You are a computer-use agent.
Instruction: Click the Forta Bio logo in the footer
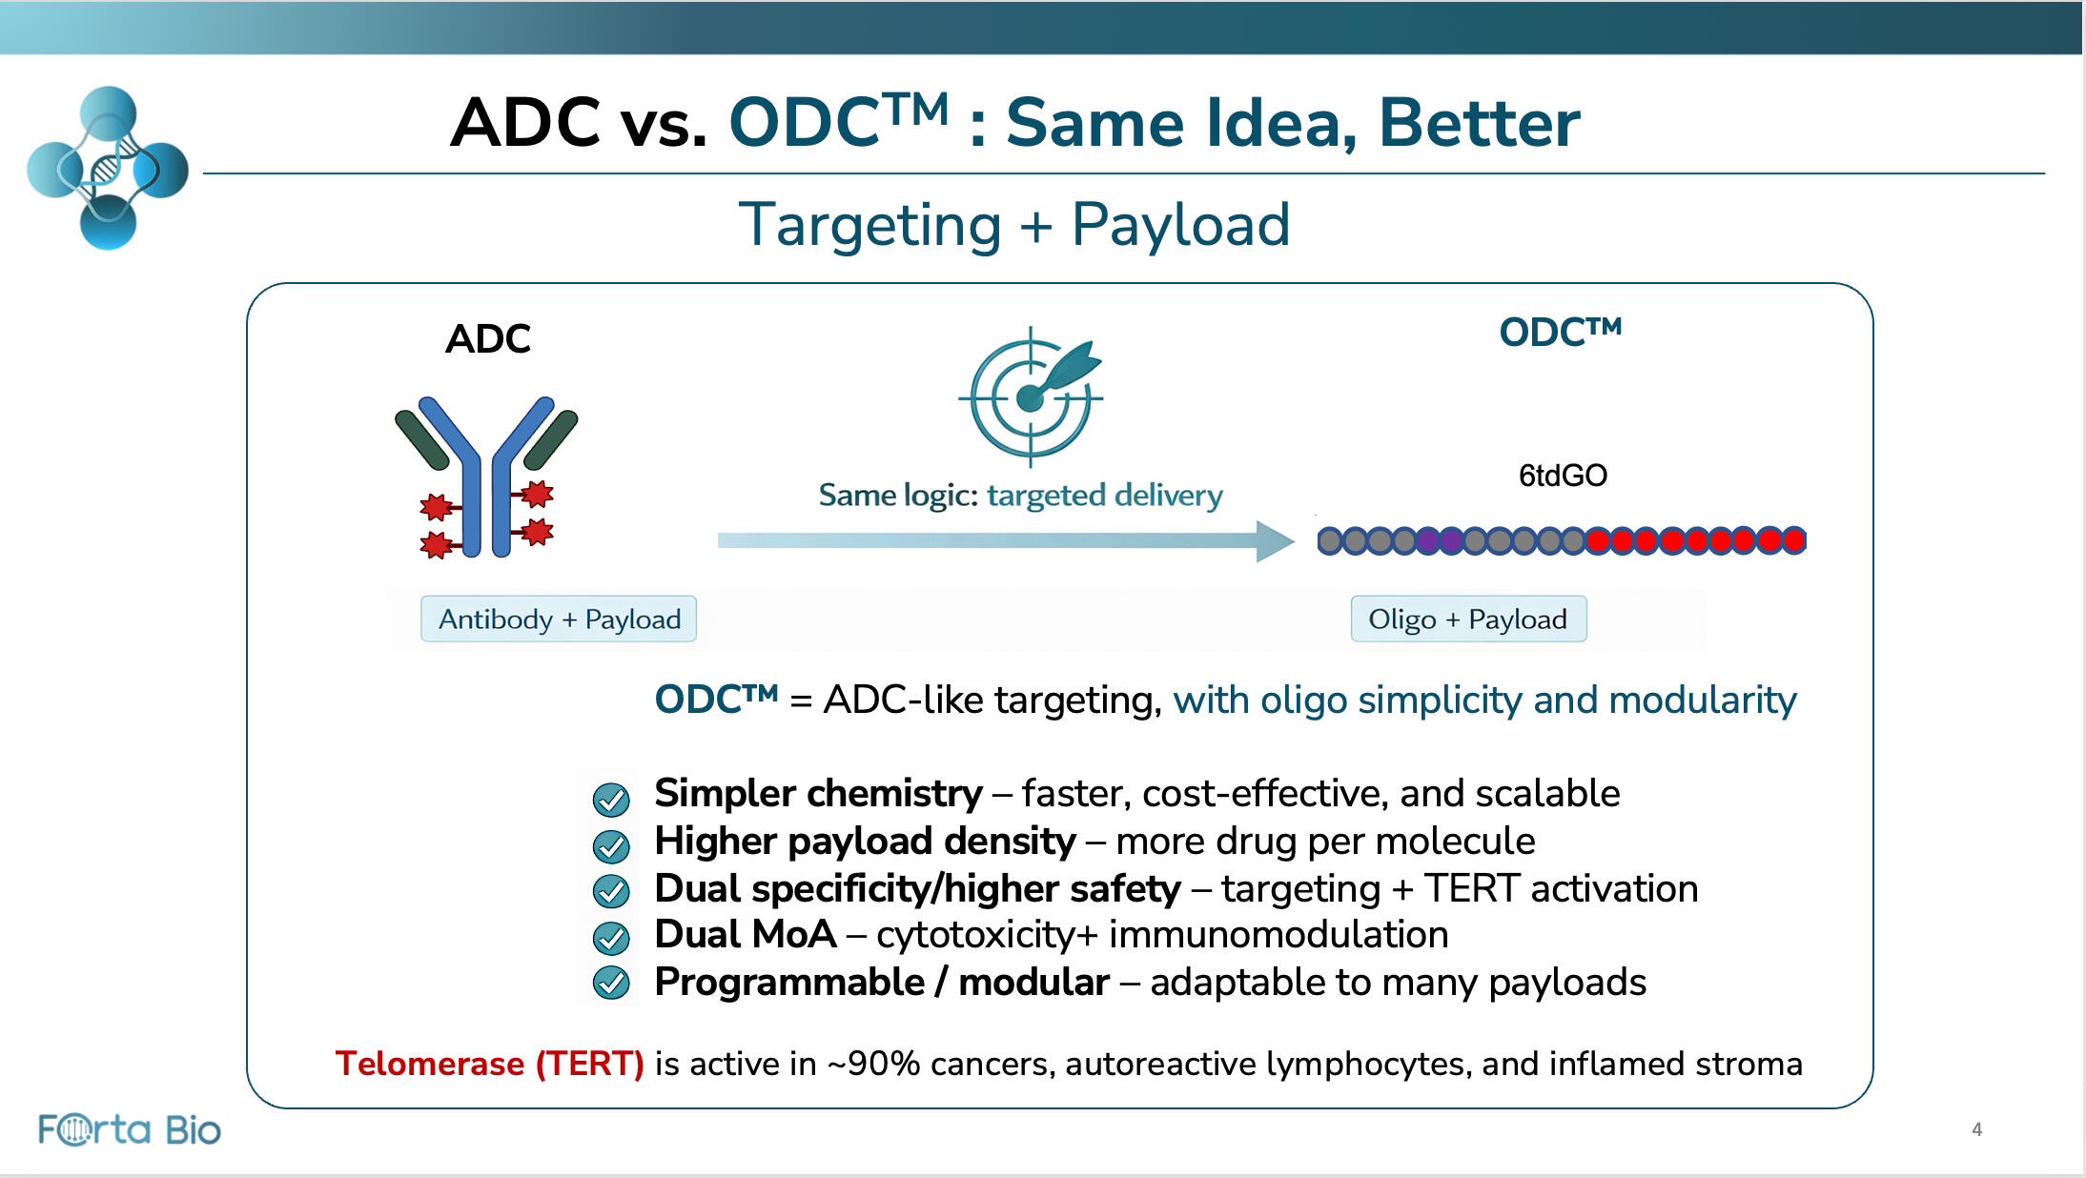130,1129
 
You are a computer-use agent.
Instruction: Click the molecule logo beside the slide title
108,168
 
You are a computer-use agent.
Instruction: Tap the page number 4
1976,1129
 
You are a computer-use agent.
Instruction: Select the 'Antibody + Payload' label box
559,619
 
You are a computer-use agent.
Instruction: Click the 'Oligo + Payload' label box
1468,619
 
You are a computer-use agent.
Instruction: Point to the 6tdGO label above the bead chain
1563,475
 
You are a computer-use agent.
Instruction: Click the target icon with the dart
1032,396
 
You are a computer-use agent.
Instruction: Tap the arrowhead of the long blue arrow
1276,540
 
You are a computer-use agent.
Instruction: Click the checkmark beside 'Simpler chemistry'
611,799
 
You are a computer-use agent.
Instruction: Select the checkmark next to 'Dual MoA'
611,938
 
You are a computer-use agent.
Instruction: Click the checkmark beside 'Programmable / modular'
611,982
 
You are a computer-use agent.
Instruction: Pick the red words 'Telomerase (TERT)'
490,1063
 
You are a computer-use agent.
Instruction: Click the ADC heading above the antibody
488,338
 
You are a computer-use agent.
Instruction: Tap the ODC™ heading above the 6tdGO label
1561,332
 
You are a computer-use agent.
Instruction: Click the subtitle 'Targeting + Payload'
1014,225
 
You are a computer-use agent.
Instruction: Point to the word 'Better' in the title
1480,123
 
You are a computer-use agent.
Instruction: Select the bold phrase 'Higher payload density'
865,841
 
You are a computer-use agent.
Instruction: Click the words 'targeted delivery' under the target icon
1105,496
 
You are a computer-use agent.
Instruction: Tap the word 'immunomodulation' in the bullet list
1278,934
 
